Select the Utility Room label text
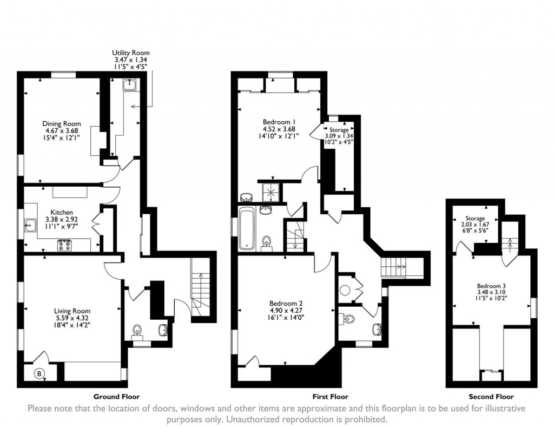128,52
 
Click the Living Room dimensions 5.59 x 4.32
72,318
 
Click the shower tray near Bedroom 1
271,190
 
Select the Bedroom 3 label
491,286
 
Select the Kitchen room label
62,212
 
